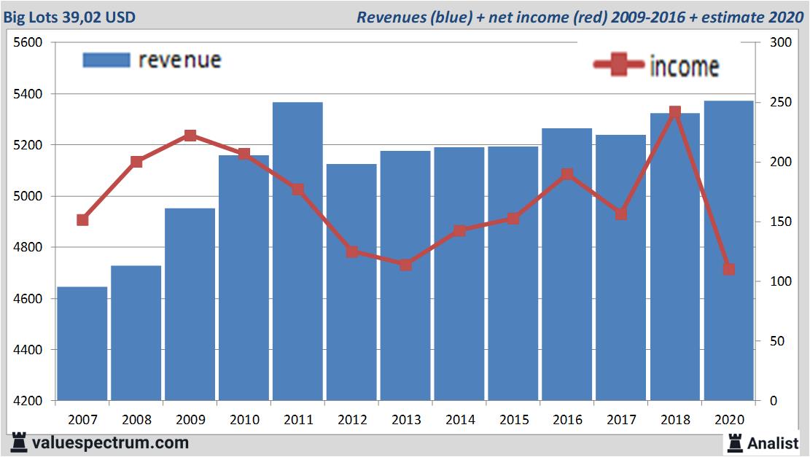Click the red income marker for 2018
click(674, 112)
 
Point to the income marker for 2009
click(190, 136)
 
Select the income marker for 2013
click(405, 265)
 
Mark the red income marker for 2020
click(728, 270)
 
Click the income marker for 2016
click(567, 174)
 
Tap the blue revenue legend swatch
click(106, 60)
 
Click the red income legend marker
click(618, 65)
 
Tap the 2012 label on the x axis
click(351, 419)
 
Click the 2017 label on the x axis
click(621, 419)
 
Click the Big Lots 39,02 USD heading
click(70, 17)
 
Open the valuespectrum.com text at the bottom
click(110, 442)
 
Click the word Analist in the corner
click(773, 442)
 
